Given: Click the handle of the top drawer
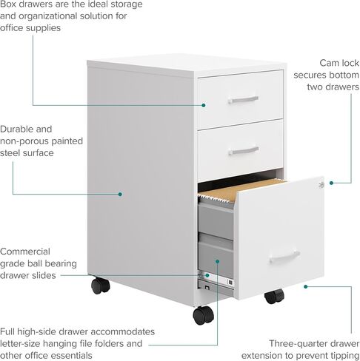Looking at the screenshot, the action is coord(243,100).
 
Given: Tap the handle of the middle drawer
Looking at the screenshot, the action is coord(244,151).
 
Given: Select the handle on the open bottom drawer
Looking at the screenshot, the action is coord(284,257).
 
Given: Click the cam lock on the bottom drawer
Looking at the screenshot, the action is coord(321,185).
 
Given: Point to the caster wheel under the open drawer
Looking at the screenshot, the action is coord(274,296).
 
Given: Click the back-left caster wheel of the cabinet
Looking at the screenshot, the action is coord(100,286).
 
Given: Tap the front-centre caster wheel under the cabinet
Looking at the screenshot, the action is coord(204,315).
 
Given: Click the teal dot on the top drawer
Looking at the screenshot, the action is coord(204,105).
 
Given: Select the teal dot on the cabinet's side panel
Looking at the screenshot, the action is coord(120,195).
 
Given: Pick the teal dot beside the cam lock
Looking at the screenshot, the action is coord(331,183).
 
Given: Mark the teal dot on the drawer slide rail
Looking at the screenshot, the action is coord(207,275).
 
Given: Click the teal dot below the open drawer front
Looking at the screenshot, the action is coord(306,286).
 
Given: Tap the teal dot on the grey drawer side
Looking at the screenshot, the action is coord(217,261).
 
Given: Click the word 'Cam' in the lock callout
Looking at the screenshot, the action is coord(329,63).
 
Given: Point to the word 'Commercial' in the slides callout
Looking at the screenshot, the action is coord(25,252).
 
